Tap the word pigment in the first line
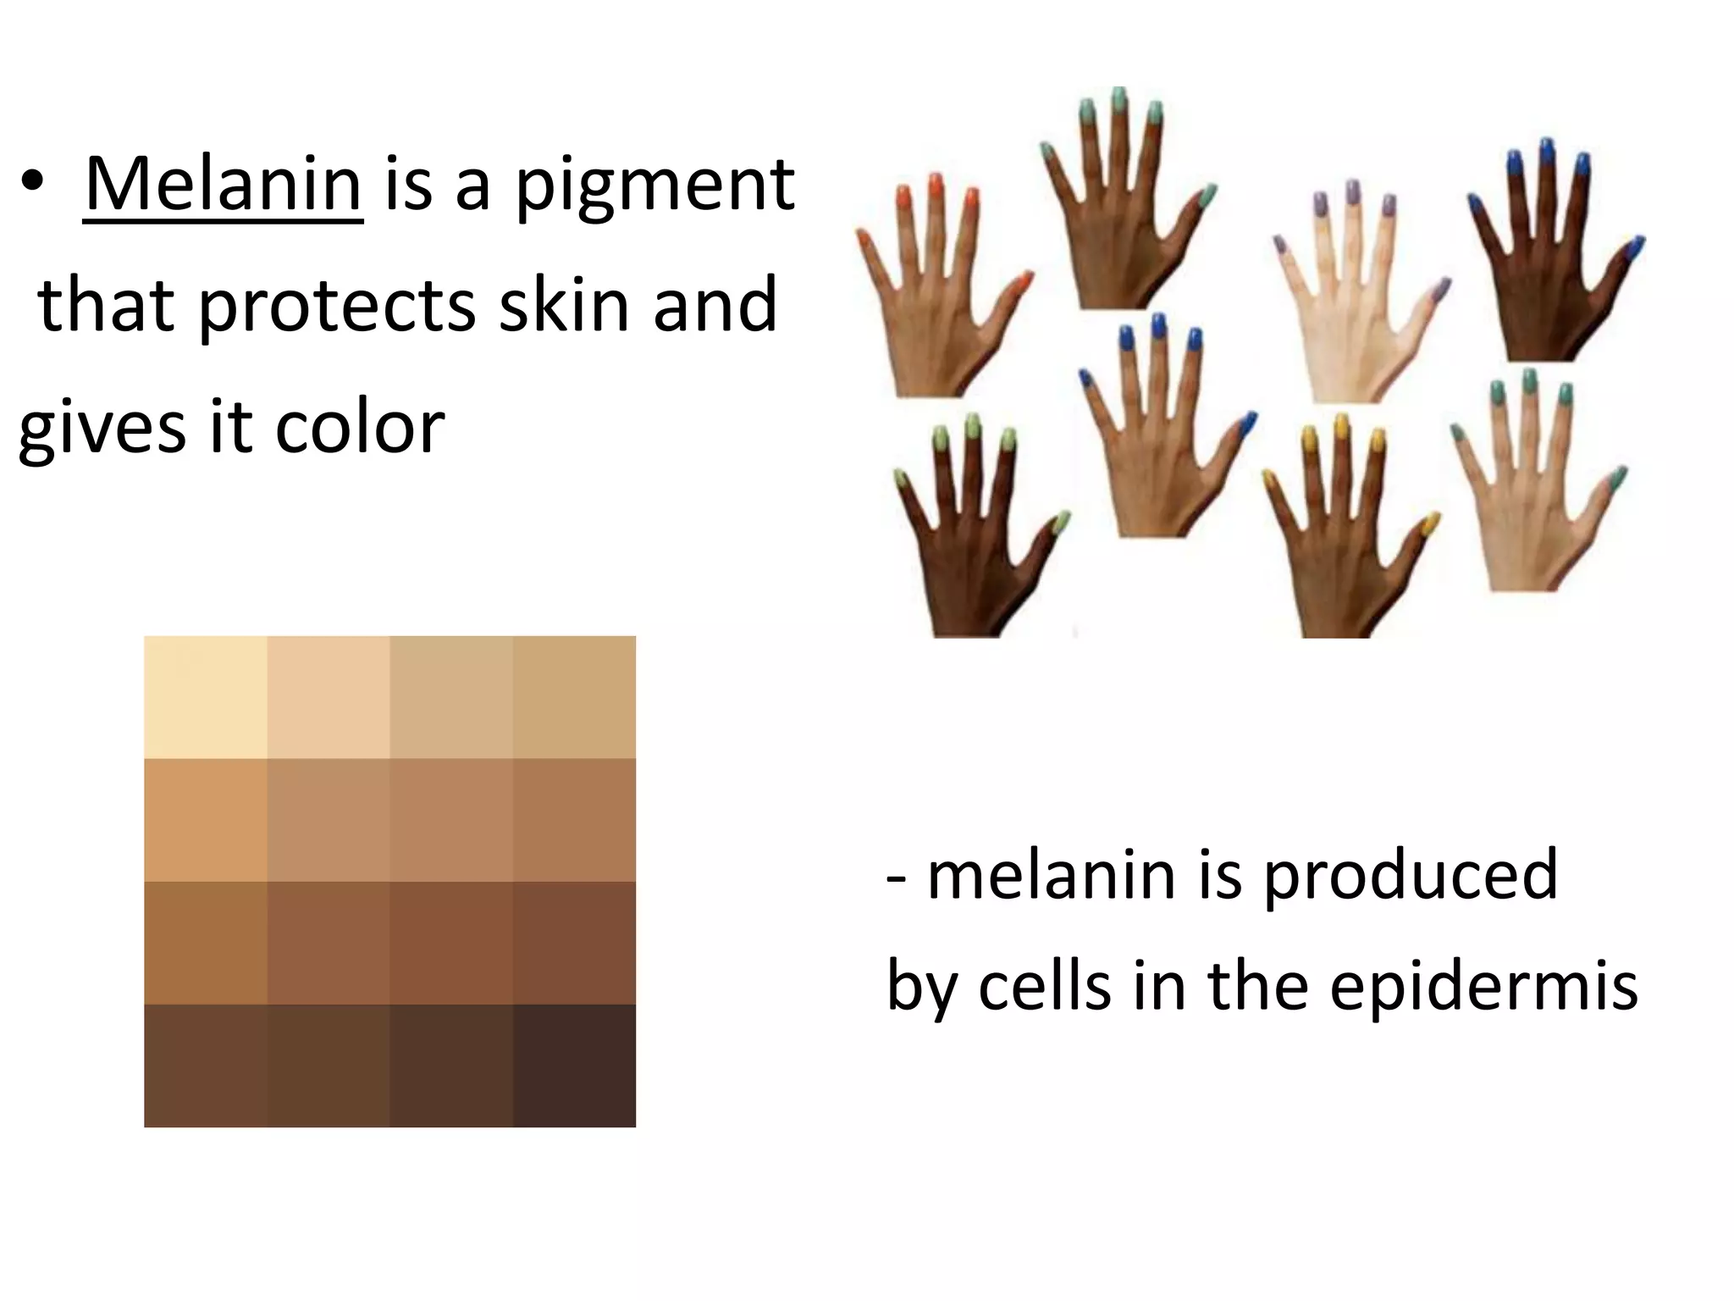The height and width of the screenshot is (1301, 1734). (x=655, y=188)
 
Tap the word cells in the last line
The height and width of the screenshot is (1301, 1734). (x=1044, y=986)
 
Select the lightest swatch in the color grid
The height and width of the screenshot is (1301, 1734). (x=206, y=697)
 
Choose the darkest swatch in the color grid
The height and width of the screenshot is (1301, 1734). (x=574, y=1066)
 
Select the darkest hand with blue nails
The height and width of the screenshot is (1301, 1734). (x=1549, y=288)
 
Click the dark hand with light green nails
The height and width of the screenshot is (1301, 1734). (x=974, y=559)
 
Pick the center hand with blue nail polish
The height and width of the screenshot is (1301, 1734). (x=1160, y=457)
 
